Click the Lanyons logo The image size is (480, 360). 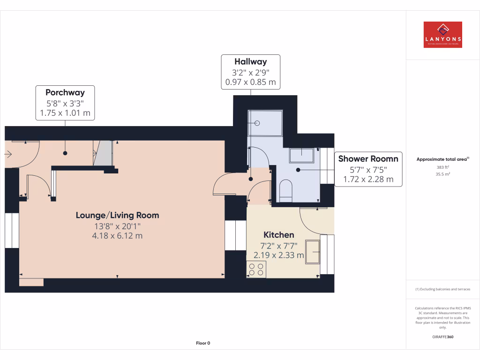442,35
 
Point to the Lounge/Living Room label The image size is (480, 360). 117,215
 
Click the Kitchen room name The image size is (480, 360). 278,235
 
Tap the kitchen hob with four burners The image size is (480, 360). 256,269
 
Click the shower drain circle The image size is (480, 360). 257,123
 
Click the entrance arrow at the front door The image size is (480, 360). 8,153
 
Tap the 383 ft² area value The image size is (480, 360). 442,166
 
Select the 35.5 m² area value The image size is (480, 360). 442,173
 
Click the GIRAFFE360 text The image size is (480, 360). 442,337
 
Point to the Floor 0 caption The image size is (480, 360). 202,343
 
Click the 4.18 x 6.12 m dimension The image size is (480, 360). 117,236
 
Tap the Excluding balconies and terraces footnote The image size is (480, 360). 442,289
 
